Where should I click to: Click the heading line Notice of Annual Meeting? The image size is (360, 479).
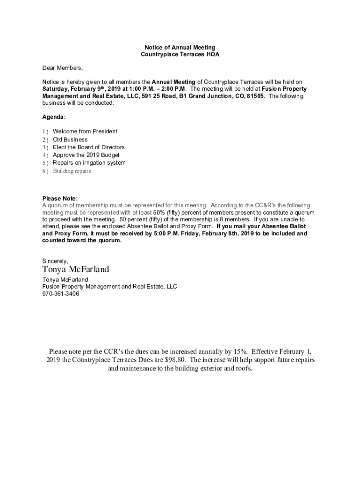[180, 47]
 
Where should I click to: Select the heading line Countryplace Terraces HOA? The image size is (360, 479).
[180, 55]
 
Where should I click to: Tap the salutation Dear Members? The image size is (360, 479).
[63, 68]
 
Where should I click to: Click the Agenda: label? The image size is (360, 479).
[54, 116]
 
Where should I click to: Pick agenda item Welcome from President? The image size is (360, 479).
[85, 131]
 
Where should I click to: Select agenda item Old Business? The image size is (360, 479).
[70, 139]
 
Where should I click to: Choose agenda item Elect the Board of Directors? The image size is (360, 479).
[89, 147]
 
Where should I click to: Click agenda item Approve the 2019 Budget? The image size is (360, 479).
[86, 155]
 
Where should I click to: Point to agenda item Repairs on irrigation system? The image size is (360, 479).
[89, 163]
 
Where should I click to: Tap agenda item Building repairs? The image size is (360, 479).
[72, 171]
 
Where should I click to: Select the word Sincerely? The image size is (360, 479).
[55, 261]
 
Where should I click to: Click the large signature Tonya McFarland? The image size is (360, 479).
[76, 269]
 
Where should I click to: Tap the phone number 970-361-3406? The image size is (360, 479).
[61, 294]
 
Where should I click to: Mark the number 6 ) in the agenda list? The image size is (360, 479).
[45, 171]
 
